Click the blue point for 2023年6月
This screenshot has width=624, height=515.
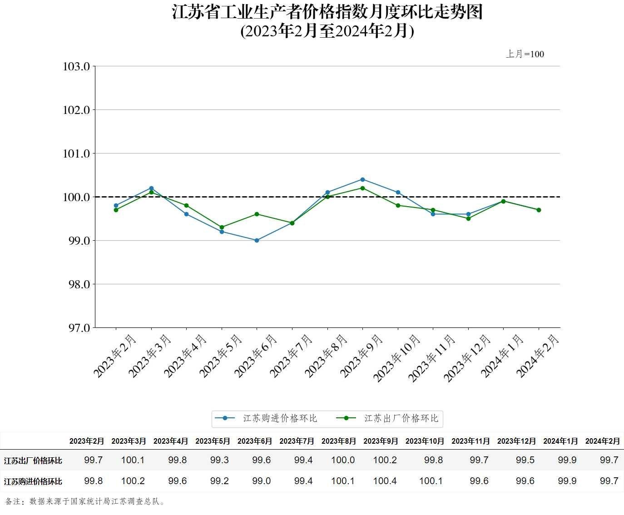[x=257, y=240]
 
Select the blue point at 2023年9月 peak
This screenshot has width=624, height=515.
[x=362, y=179]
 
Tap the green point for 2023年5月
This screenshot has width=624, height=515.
[x=222, y=227]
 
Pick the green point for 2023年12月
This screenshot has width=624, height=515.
[x=468, y=218]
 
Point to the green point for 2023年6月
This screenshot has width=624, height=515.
[x=257, y=214]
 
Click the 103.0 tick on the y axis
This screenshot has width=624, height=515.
[x=76, y=67]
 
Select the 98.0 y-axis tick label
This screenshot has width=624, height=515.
[x=76, y=284]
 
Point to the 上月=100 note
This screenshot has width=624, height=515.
[x=525, y=54]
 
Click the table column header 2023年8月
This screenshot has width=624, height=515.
[x=338, y=441]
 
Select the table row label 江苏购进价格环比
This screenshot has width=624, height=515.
[x=33, y=481]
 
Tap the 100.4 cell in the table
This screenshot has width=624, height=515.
[x=385, y=481]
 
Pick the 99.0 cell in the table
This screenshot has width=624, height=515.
[x=261, y=481]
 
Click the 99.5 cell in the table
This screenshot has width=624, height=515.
[x=525, y=460]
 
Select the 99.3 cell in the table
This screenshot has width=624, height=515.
[x=219, y=460]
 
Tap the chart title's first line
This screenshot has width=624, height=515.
[x=327, y=12]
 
